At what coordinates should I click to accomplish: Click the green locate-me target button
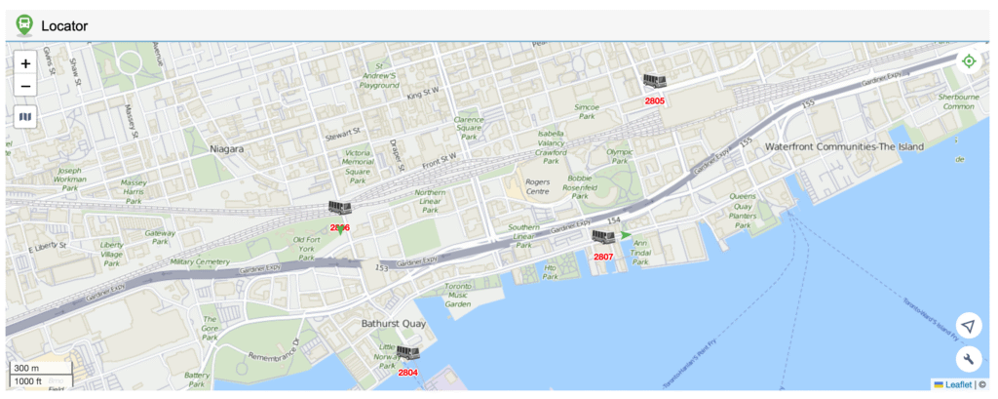tap(969, 61)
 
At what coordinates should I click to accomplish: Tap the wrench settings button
tap(969, 359)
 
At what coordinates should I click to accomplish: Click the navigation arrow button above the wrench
tap(969, 326)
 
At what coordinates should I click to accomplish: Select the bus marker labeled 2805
tap(654, 82)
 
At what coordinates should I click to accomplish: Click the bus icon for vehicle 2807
tap(603, 237)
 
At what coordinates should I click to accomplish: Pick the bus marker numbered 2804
tap(407, 353)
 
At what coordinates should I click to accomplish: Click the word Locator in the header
tap(64, 25)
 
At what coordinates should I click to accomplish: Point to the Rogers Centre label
tap(537, 185)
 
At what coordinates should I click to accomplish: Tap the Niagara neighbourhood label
tap(226, 149)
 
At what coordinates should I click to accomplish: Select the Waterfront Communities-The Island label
tap(844, 146)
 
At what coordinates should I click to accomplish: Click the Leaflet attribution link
tap(951, 384)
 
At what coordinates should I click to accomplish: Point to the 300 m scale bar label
tap(27, 368)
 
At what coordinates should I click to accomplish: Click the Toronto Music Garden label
tap(458, 295)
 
